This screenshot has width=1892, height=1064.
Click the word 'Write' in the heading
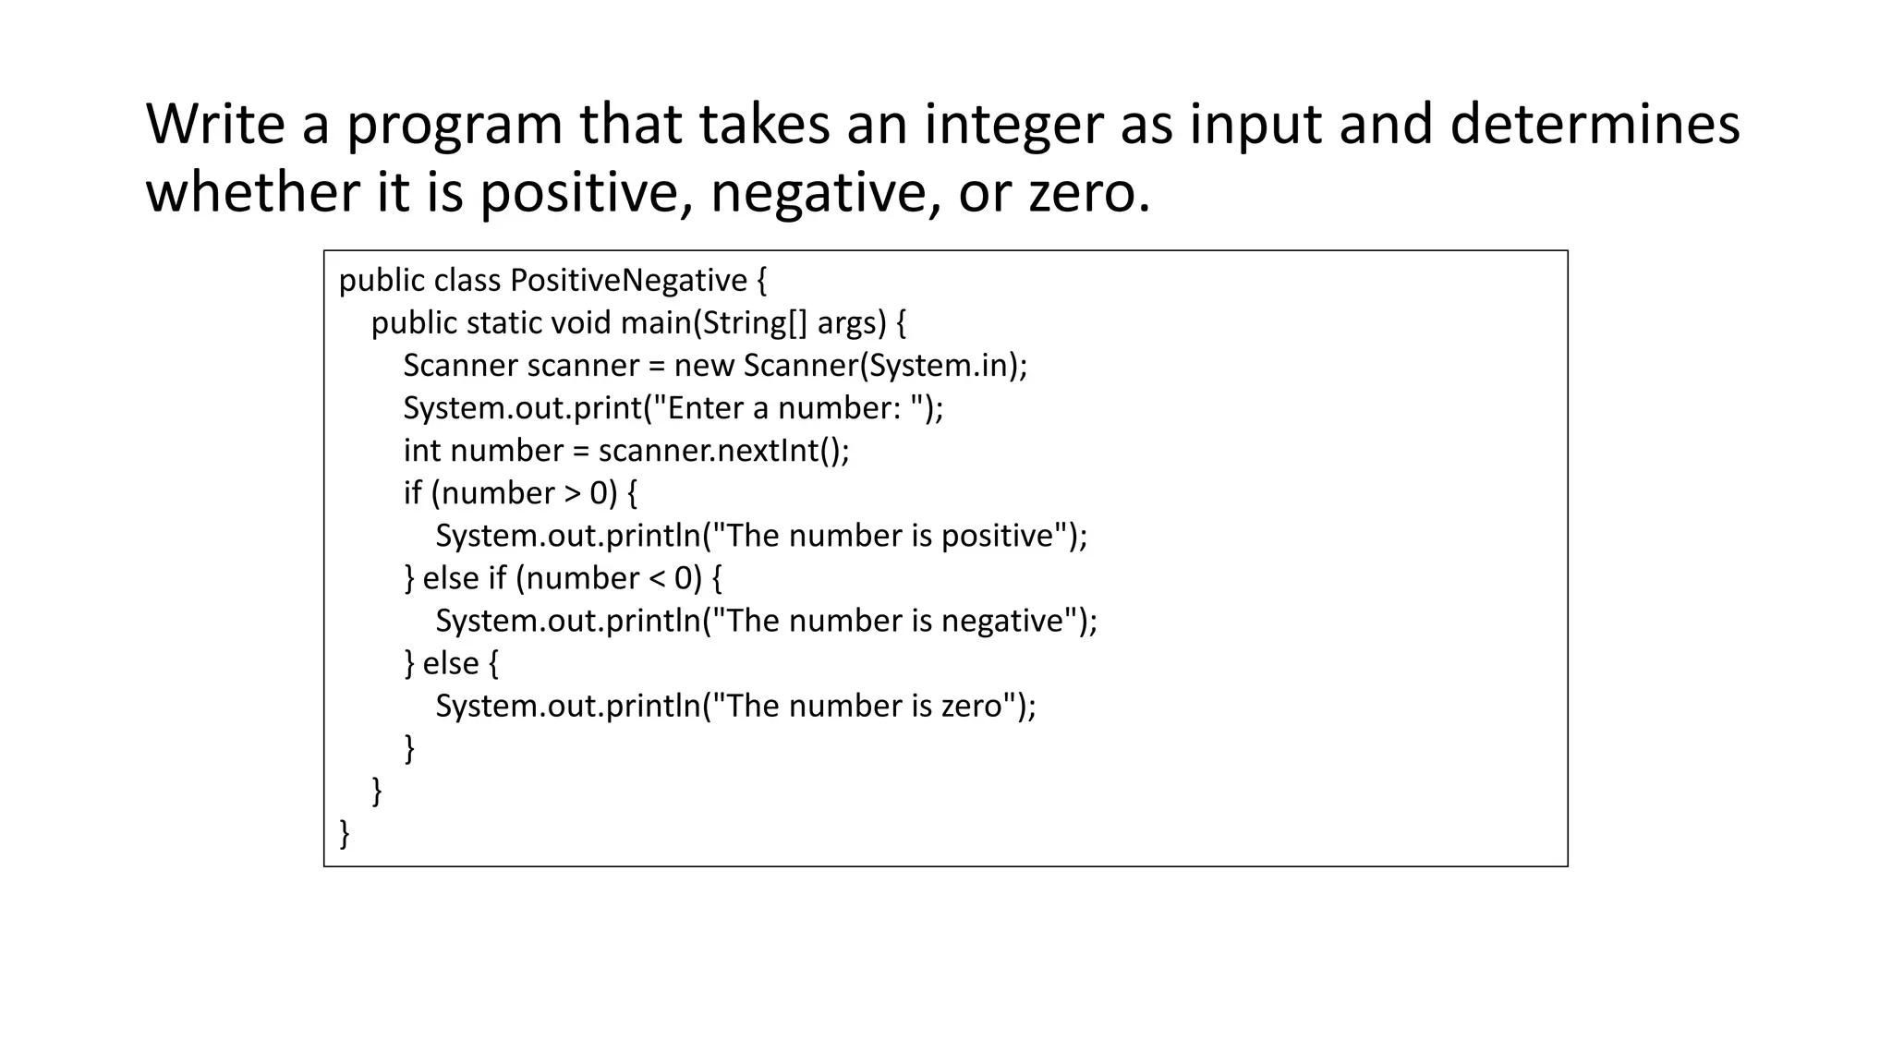click(x=214, y=124)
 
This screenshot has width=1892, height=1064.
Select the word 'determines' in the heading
click(x=1595, y=124)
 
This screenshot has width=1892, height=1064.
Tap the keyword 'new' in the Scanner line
click(x=704, y=366)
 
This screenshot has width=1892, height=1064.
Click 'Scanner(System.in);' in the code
click(x=885, y=366)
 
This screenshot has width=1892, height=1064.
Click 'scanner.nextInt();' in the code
click(x=723, y=451)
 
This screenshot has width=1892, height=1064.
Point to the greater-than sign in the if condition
click(x=572, y=493)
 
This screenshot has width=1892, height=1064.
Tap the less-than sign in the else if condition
click(x=657, y=578)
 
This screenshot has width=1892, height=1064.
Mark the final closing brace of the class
click(x=345, y=833)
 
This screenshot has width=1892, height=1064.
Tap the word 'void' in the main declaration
click(x=581, y=322)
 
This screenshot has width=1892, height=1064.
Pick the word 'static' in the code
click(x=504, y=322)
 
